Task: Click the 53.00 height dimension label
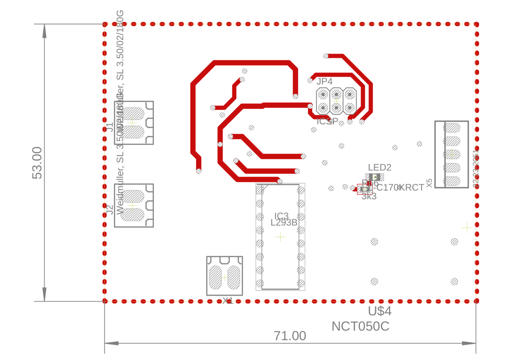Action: (x=37, y=163)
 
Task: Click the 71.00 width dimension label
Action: (x=290, y=336)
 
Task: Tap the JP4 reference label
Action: (x=324, y=82)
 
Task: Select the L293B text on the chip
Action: (x=284, y=222)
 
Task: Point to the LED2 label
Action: (x=379, y=167)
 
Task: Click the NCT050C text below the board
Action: (x=360, y=326)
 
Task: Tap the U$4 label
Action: (x=379, y=311)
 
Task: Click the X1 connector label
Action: (x=228, y=301)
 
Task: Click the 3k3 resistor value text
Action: (x=369, y=197)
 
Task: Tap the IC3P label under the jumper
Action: (x=328, y=122)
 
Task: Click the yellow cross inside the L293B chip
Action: (x=280, y=237)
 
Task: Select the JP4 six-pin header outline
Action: (x=336, y=101)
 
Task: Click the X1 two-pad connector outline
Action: (x=224, y=276)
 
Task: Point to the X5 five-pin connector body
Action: (x=451, y=155)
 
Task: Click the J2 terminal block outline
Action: (x=134, y=205)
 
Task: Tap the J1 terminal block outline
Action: (x=134, y=123)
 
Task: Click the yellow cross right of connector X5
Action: (x=467, y=228)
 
